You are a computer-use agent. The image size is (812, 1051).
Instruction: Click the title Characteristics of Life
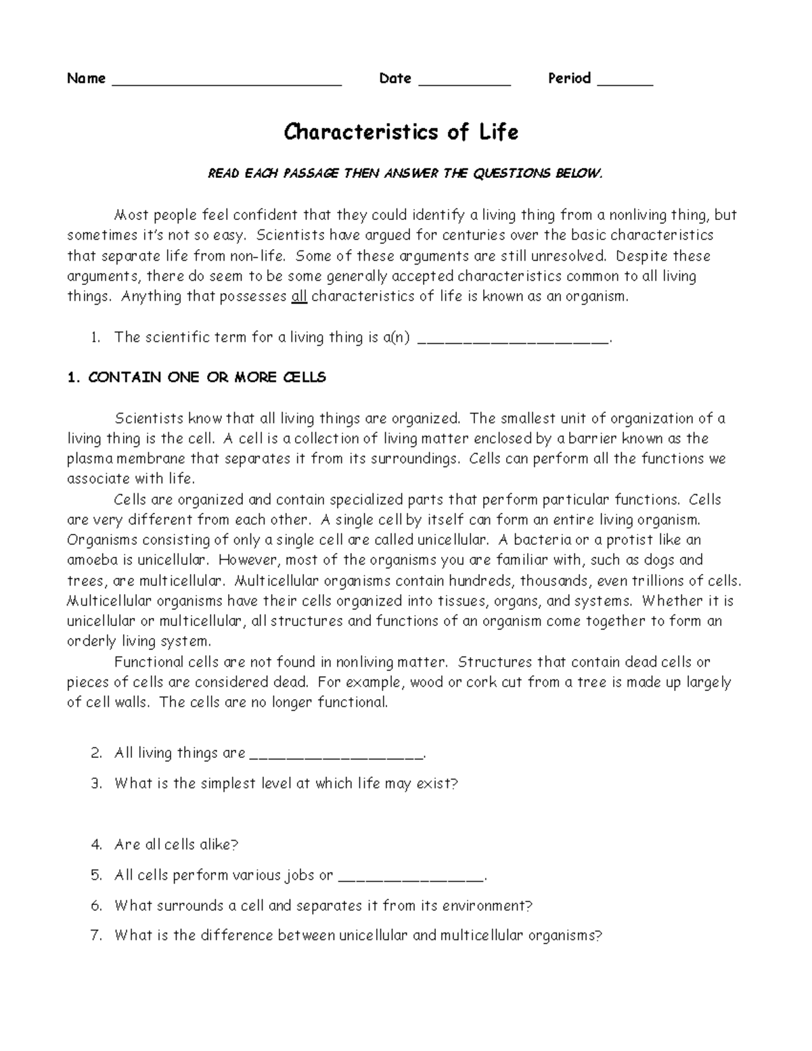point(401,132)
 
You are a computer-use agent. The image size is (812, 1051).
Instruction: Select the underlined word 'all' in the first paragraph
point(298,296)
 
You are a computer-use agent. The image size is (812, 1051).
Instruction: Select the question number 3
point(96,784)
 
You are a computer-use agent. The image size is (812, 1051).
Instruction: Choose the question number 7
point(96,936)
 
